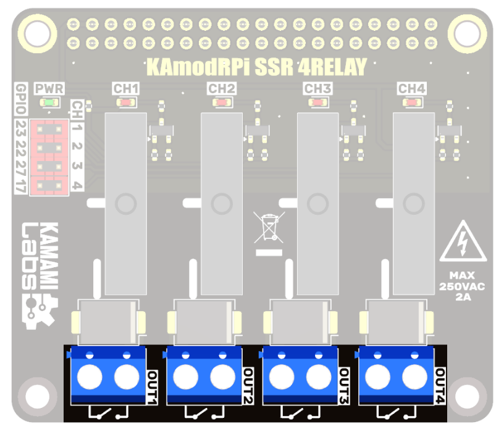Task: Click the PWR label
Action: pos(49,88)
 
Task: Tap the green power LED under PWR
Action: pos(49,102)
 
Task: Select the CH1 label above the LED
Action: pos(126,88)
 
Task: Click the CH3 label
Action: pos(317,88)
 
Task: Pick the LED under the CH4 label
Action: pos(412,102)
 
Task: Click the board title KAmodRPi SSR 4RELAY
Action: pos(256,66)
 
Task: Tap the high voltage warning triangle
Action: pos(463,243)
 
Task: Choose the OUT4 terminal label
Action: pos(440,386)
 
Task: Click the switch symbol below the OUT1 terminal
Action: pos(108,412)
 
